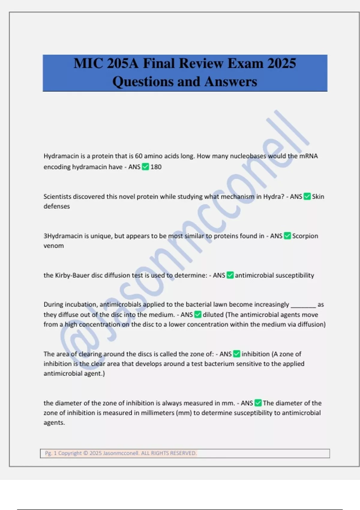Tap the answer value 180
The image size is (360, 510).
click(156, 167)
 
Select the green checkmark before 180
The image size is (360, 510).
click(145, 167)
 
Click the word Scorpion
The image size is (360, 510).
click(305, 236)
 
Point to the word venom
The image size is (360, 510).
click(54, 246)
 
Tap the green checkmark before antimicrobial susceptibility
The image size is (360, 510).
click(230, 275)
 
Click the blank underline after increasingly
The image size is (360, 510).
click(303, 305)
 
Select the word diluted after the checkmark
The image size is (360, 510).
click(213, 315)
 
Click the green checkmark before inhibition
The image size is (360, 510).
click(237, 354)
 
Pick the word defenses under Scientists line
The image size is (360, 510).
click(57, 206)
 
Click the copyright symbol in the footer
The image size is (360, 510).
click(85, 453)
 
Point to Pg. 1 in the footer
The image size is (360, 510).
click(51, 453)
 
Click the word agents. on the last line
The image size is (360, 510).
click(54, 423)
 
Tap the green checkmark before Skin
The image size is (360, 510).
click(307, 196)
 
